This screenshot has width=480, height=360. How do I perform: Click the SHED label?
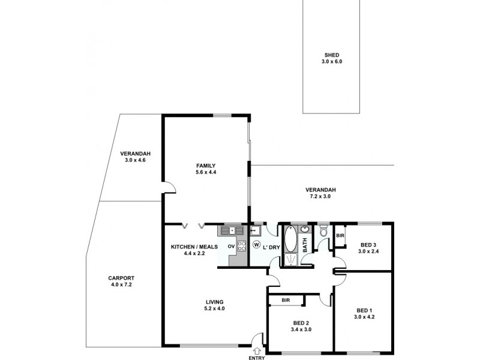coord(332,54)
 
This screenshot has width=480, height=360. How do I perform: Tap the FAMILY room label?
coord(205,166)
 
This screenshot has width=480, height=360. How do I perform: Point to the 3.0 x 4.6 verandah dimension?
coord(131,160)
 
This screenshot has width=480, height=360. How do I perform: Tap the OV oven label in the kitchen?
coord(230,245)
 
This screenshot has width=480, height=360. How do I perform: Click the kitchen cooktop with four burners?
coord(241,245)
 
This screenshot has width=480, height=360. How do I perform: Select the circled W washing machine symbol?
coord(256,245)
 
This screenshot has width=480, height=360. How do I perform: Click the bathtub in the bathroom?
coord(290,239)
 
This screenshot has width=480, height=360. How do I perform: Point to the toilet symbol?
coord(323,230)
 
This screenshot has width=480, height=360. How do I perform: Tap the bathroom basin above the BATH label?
coord(304,230)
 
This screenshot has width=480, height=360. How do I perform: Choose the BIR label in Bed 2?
coord(286,300)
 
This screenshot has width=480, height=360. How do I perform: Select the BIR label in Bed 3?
coord(340,235)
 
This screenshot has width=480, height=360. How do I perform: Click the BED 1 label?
coord(364,310)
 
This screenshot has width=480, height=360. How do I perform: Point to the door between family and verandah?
coord(170,188)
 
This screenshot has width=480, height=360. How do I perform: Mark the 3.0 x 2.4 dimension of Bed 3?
coord(367,252)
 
